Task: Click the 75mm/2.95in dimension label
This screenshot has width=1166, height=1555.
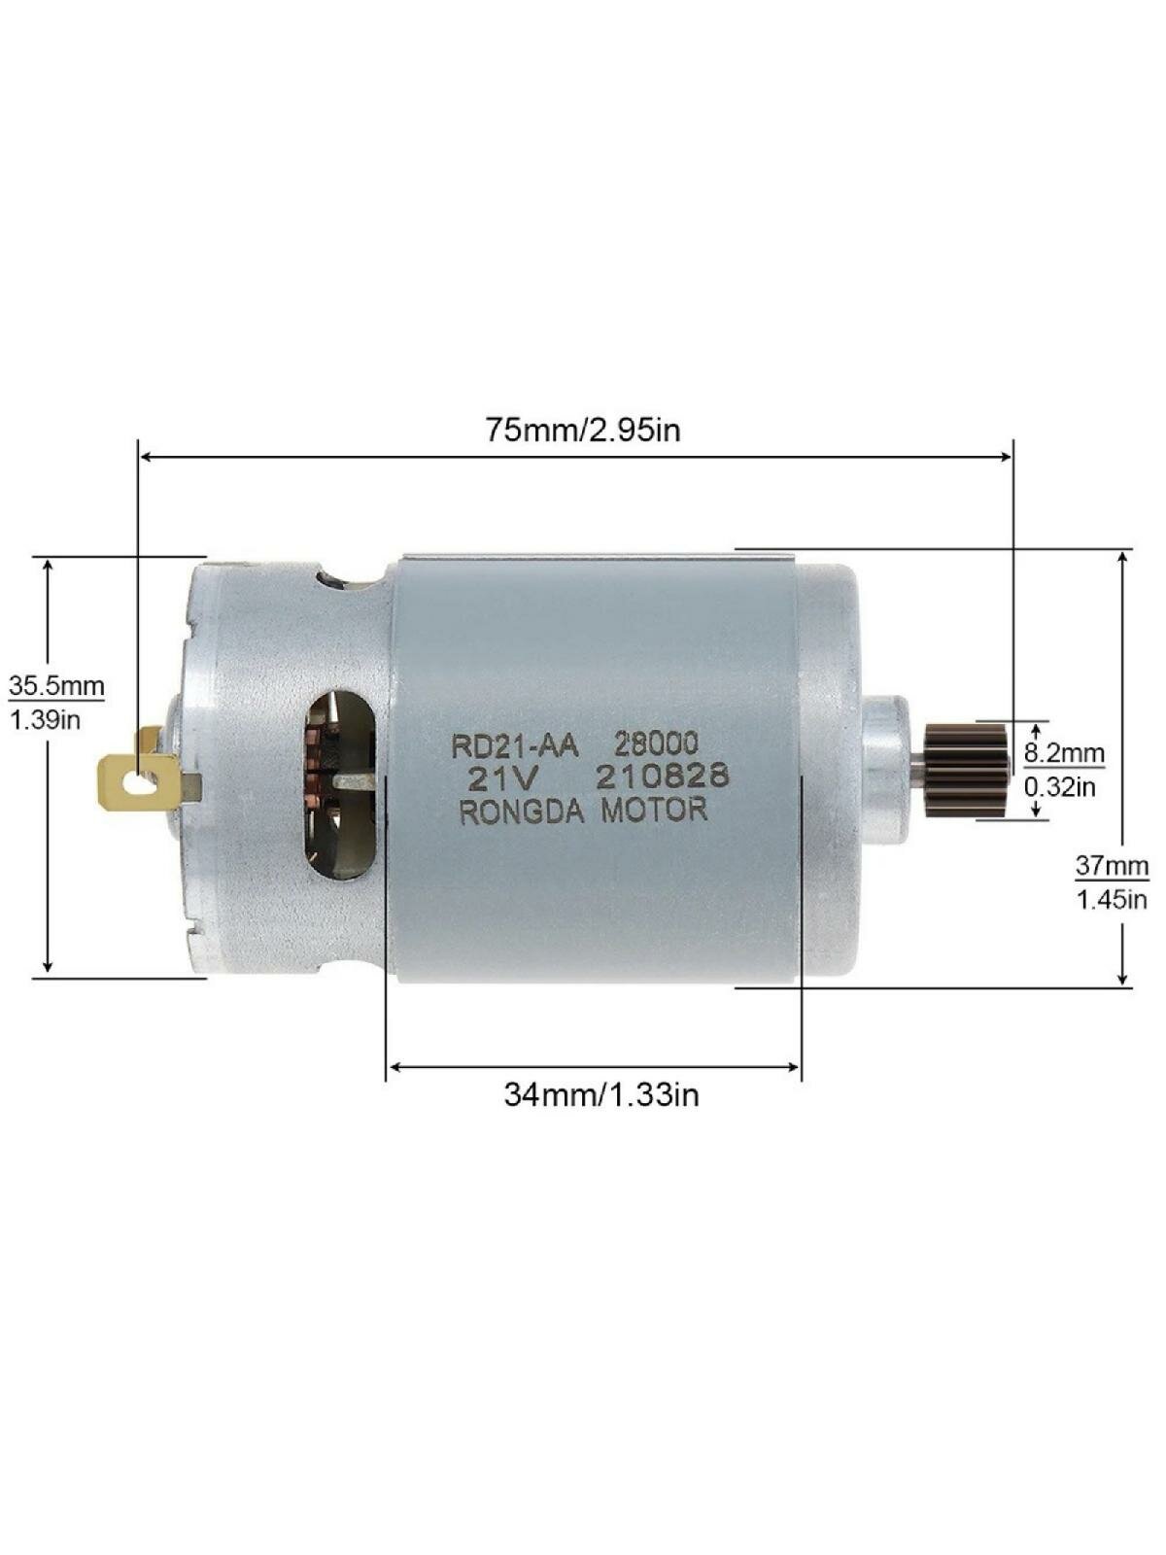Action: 583,430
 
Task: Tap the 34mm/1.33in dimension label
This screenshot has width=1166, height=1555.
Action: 601,1094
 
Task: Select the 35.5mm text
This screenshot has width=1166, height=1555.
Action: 56,686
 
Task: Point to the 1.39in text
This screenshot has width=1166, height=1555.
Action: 46,720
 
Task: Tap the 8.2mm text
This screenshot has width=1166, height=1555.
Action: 1064,753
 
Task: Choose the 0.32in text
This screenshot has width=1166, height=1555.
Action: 1060,787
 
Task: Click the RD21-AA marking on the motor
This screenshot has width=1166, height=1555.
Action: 516,746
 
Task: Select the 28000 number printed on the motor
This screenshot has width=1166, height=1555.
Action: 656,743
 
